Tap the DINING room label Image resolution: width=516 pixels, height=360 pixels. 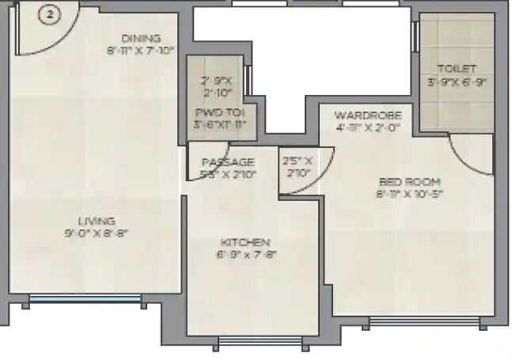point(141,38)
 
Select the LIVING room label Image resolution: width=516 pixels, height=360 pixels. point(96,221)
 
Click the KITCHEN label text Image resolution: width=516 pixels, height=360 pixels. point(245,241)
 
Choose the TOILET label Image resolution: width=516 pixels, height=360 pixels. point(457,69)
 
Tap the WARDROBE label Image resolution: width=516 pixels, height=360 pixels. point(362,114)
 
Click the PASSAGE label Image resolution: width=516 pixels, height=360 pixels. point(228,161)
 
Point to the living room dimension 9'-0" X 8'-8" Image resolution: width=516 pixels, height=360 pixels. point(97,233)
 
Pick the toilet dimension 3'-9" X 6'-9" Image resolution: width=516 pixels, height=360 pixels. point(457,81)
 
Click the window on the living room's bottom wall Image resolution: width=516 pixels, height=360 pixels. point(84,301)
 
